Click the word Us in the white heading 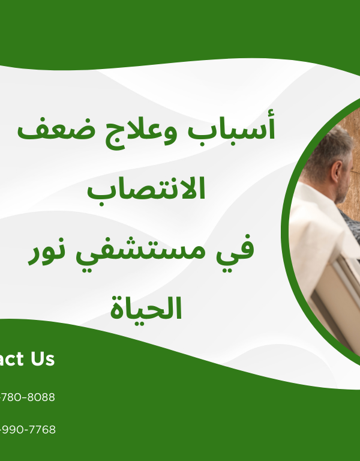(40, 359)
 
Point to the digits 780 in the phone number (11, 397)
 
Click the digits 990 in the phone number (11, 430)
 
